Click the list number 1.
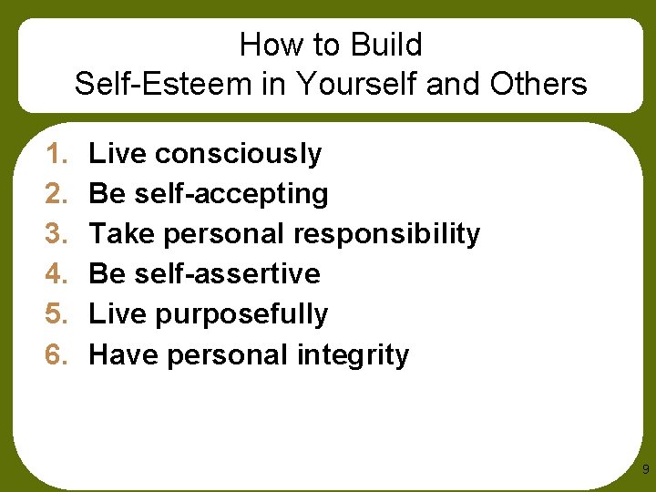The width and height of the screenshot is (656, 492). [56, 154]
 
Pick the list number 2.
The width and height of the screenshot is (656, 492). [56, 194]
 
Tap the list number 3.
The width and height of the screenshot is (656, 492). [56, 234]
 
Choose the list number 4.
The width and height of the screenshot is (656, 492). [56, 274]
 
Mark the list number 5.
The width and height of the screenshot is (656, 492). [56, 314]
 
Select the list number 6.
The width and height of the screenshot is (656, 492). [56, 354]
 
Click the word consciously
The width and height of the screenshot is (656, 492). [239, 155]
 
